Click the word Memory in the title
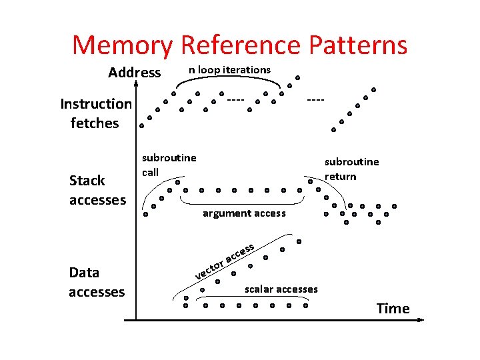tap(123, 45)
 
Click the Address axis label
tap(134, 72)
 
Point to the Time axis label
tap(393, 308)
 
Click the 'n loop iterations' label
tap(229, 69)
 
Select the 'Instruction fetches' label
tap(95, 113)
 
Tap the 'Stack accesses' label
tap(97, 190)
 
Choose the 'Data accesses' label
tap(97, 282)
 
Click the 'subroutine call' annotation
tap(169, 165)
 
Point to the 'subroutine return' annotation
tap(351, 169)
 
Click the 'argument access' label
tap(244, 213)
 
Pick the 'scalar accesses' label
tap(281, 289)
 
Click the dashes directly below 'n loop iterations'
tap(235, 100)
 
